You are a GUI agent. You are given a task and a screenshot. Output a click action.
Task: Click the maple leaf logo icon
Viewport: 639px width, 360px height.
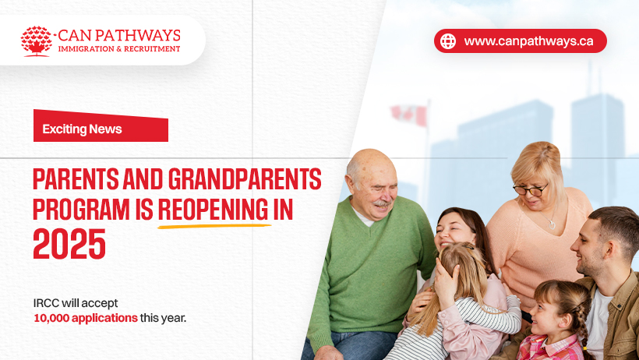click(x=37, y=41)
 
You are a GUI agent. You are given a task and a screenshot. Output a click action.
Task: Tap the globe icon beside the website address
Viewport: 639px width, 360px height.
click(x=448, y=41)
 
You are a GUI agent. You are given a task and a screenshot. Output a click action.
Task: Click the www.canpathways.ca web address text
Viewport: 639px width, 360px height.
click(x=528, y=41)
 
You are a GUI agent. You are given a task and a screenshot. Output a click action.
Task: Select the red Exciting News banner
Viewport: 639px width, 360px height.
click(x=101, y=126)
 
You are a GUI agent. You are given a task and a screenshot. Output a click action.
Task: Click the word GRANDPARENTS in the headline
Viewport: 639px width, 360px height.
click(x=245, y=179)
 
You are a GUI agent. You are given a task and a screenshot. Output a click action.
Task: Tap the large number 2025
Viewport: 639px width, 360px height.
click(x=69, y=244)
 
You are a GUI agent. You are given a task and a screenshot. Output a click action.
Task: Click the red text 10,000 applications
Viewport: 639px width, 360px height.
click(x=86, y=318)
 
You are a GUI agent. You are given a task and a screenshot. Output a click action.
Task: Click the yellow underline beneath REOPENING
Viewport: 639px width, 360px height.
click(x=214, y=225)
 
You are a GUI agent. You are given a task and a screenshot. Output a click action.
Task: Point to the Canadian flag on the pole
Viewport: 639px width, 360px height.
click(x=409, y=115)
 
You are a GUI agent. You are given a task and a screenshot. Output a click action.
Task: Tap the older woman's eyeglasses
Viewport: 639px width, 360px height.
click(x=530, y=189)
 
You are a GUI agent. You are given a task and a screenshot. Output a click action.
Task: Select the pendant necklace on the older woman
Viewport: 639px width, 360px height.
click(x=552, y=224)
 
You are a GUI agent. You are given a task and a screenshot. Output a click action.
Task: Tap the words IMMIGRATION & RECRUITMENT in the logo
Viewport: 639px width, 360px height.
click(x=119, y=49)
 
